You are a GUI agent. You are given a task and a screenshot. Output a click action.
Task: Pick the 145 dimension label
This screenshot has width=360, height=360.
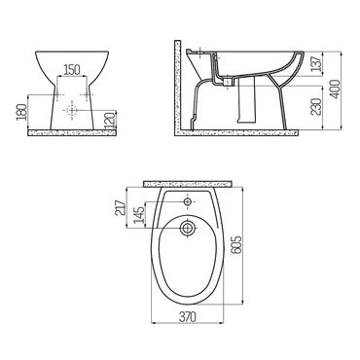click(140, 215)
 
